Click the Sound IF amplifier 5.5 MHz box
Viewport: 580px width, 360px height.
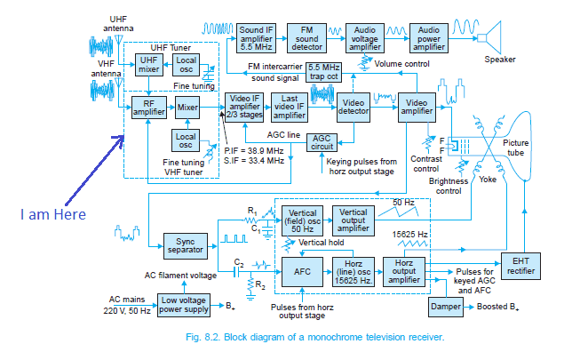click(256, 37)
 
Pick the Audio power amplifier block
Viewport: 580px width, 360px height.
click(428, 37)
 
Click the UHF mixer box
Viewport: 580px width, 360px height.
click(147, 65)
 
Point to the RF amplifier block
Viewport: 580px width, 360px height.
click(149, 108)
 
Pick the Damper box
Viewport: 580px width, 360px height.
click(445, 306)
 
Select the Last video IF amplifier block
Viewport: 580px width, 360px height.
click(289, 108)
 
